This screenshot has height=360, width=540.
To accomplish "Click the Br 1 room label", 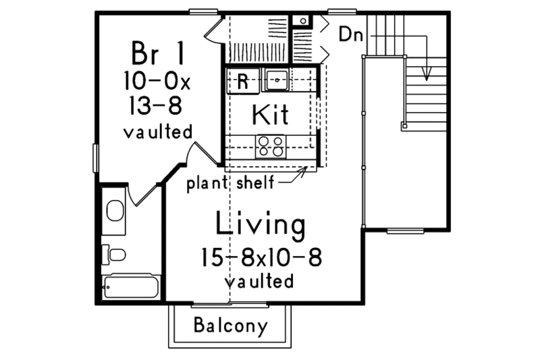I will pyautogui.click(x=157, y=53).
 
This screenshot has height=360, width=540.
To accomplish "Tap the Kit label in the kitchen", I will pyautogui.click(x=270, y=115).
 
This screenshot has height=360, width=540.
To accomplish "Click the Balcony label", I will pyautogui.click(x=230, y=326).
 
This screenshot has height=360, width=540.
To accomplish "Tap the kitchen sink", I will pyautogui.click(x=276, y=80).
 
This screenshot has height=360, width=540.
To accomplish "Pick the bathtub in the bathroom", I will pyautogui.click(x=130, y=287).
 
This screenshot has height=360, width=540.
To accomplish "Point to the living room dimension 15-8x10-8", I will pyautogui.click(x=260, y=257).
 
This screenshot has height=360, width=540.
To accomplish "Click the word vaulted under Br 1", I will pyautogui.click(x=158, y=132).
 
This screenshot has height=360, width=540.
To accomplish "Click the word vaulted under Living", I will pyautogui.click(x=261, y=280).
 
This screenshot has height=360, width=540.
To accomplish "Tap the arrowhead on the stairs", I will pyautogui.click(x=427, y=74).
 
